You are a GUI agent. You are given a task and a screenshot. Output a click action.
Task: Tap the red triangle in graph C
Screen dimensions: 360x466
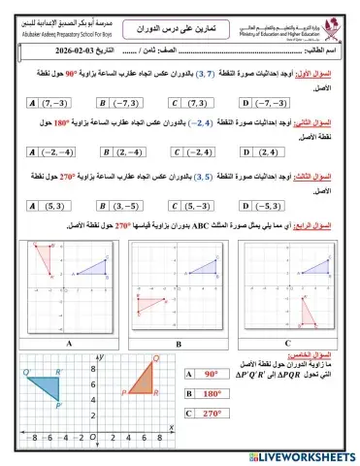[310, 312]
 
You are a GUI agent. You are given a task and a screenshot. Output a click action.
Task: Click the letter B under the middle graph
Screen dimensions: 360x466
[180, 343]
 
